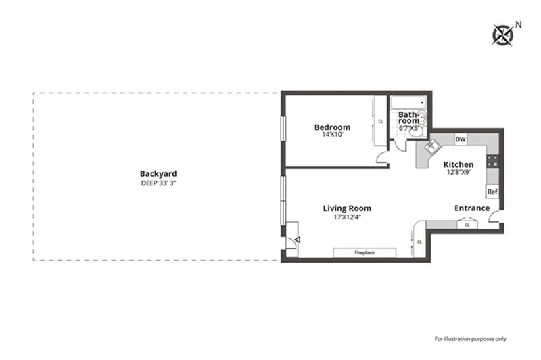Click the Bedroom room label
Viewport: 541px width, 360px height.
click(x=332, y=127)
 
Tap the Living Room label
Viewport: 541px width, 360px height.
click(x=347, y=208)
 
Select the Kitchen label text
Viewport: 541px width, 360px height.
click(x=458, y=164)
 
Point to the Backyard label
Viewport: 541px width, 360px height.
click(x=158, y=174)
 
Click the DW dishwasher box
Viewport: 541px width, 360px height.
click(x=461, y=139)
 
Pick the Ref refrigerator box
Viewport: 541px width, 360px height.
click(x=492, y=192)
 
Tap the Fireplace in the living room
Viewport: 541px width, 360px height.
click(x=364, y=252)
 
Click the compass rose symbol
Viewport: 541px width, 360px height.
click(x=502, y=35)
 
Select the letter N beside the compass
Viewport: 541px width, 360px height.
click(x=518, y=25)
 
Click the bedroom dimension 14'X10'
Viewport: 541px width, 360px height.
click(x=333, y=135)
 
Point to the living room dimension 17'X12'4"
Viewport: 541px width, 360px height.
click(x=348, y=217)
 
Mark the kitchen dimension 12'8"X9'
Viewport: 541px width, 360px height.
click(x=458, y=172)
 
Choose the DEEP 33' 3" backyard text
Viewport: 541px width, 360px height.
click(x=159, y=183)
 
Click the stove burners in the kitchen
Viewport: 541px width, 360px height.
click(x=493, y=162)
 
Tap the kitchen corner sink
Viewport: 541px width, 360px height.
click(x=431, y=145)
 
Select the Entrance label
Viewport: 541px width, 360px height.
click(x=472, y=208)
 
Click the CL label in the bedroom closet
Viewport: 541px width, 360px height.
click(x=381, y=122)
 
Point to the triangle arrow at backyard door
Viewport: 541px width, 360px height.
click(x=298, y=239)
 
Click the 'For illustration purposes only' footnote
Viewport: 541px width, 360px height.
click(x=470, y=339)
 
